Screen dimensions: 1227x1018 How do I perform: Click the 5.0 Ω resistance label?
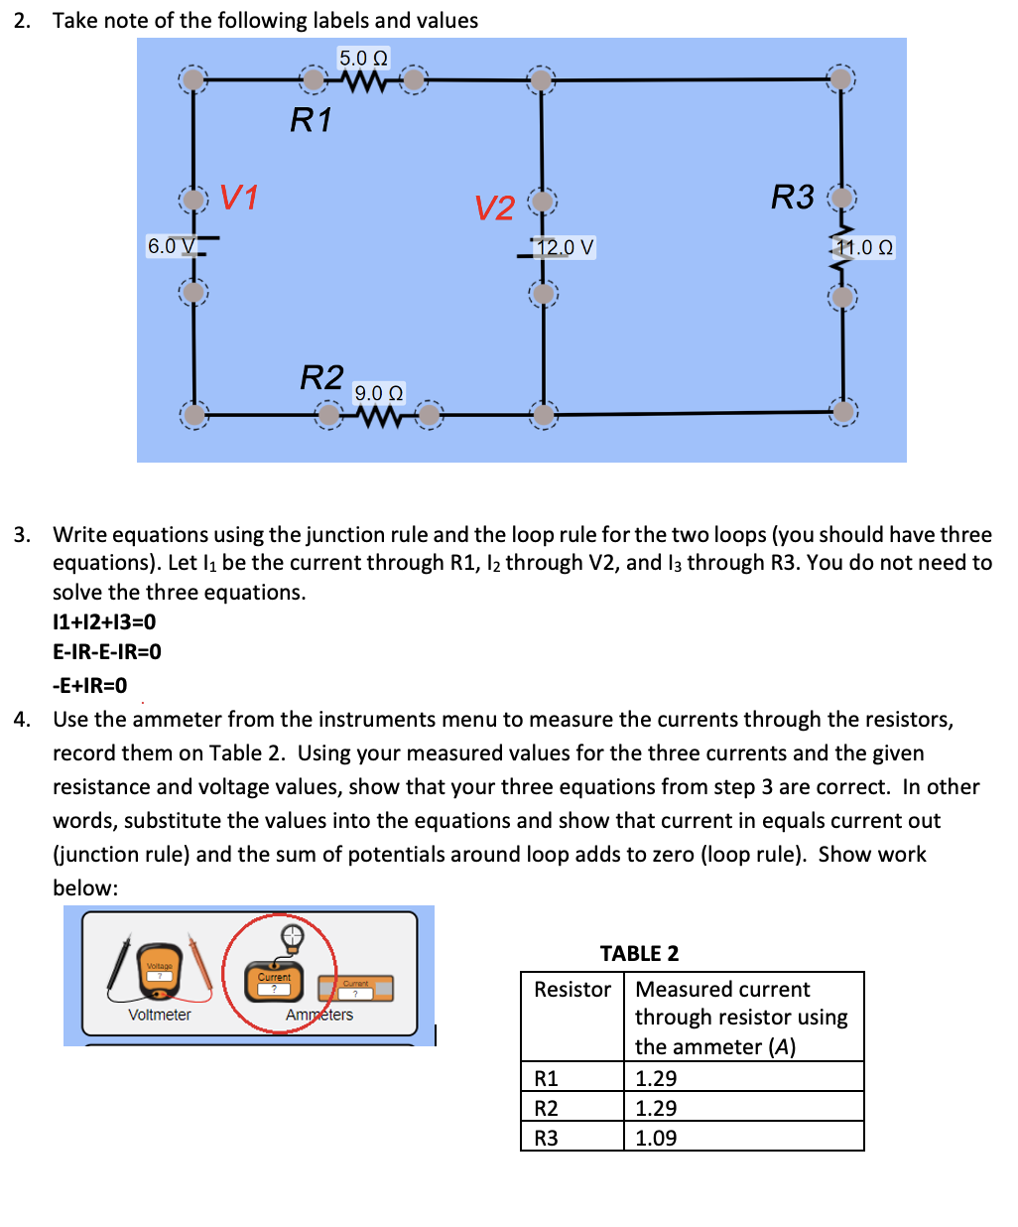(363, 58)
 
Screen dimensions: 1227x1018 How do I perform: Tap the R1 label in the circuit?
(311, 120)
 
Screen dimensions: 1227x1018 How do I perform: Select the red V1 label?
(238, 198)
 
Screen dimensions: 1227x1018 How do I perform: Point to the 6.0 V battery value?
(171, 245)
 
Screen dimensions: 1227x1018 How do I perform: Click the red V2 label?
(494, 207)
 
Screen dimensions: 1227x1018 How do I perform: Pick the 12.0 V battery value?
(565, 247)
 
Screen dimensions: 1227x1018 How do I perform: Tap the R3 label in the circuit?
(792, 197)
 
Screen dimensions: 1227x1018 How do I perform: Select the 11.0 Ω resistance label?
(864, 247)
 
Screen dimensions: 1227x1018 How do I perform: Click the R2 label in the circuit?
(321, 377)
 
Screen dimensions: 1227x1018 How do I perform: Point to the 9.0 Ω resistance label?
(379, 393)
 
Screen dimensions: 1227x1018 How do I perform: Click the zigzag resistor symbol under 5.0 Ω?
(363, 83)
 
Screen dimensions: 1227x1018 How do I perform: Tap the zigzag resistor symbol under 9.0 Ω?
(379, 418)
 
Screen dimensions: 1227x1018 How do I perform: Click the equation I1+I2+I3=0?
(104, 622)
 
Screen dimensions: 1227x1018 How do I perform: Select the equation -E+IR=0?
(89, 685)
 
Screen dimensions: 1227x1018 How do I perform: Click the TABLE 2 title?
(639, 953)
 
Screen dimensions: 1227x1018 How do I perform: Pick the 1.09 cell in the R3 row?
(656, 1138)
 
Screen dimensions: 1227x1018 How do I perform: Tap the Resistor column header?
(572, 989)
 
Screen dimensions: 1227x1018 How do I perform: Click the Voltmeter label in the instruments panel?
(159, 1015)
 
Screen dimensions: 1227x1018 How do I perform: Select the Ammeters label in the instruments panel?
(319, 1015)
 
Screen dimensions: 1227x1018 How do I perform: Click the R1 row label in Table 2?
(546, 1078)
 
